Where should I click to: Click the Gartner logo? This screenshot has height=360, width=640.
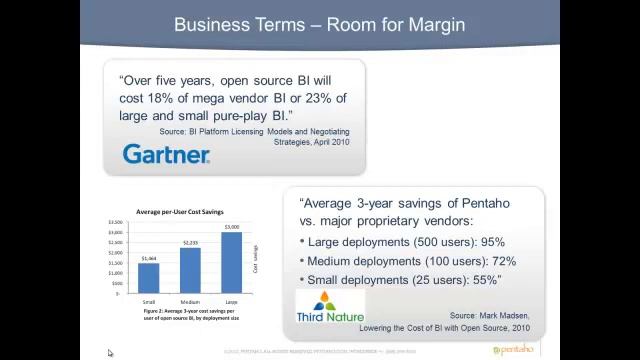[166, 153]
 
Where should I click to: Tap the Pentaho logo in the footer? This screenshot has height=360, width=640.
[513, 350]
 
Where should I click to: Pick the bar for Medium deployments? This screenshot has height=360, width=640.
[190, 270]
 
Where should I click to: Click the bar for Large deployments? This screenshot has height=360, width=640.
[231, 263]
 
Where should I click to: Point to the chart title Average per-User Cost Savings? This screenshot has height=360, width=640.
[180, 212]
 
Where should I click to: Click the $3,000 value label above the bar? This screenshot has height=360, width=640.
[231, 228]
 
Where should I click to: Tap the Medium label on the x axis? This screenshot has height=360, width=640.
[190, 300]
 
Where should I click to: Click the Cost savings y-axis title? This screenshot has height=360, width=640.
[255, 258]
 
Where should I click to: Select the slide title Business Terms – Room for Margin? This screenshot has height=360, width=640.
[319, 24]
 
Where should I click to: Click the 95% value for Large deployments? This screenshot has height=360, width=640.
[492, 242]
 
